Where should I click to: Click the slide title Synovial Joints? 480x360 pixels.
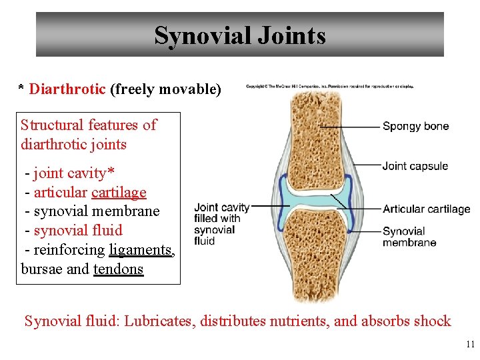pos(240,35)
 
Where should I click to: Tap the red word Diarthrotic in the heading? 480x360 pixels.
pos(67,89)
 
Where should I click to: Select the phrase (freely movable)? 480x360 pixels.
pos(165,89)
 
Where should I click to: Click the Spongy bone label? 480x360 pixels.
pos(415,126)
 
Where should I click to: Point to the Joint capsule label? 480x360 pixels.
pos(415,166)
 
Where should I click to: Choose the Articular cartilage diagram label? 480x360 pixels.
pos(426,209)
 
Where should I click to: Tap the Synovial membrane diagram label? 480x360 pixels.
pos(409,237)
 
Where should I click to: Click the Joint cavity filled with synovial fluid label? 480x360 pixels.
pos(221,223)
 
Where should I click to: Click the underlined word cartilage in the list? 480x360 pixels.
pos(119,193)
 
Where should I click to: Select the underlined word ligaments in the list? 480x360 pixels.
pos(141,250)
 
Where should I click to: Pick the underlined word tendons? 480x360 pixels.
pos(118,269)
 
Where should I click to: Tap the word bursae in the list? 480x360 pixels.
pos(42,269)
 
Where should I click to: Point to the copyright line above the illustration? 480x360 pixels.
pos(330,86)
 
